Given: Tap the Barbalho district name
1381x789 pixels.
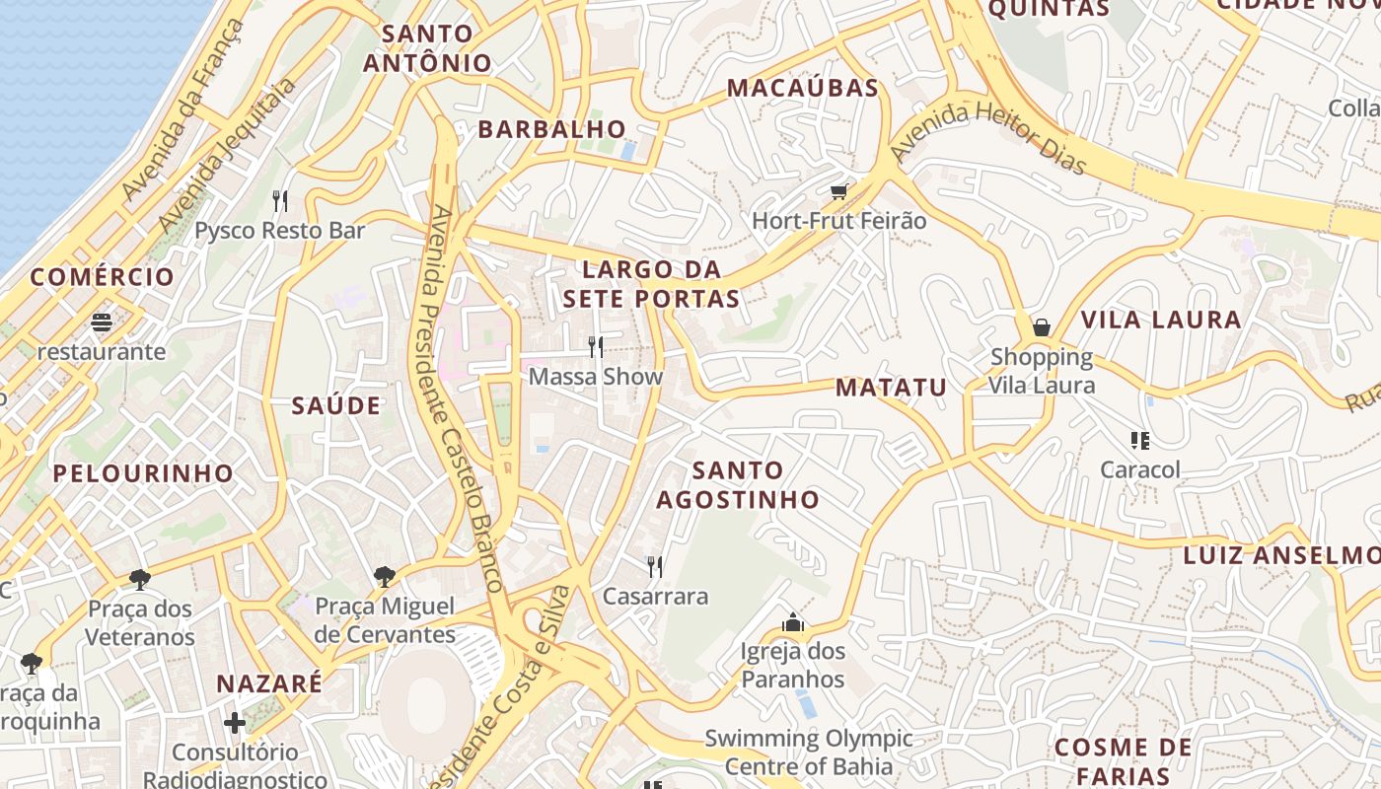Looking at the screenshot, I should point(552,129).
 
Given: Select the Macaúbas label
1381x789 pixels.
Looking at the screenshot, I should point(803,88).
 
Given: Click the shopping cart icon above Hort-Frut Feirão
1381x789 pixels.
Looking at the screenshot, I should point(838,191).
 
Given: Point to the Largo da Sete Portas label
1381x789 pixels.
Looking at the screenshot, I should point(651,284).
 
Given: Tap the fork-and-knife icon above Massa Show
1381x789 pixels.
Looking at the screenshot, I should point(596,346).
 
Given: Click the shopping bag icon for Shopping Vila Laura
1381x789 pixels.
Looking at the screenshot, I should point(1042,327).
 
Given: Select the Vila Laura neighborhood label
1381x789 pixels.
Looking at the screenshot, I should point(1161,320).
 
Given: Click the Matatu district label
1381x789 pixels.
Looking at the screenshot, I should point(891,388).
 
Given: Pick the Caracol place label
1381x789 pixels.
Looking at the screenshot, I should point(1140,469).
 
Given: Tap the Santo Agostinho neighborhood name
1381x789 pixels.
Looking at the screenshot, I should point(738,485).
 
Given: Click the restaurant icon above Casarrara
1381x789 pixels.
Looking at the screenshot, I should point(654,566).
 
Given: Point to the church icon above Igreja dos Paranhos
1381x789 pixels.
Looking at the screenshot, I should point(792,622).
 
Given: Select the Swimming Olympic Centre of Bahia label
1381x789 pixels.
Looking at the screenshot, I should point(808,753).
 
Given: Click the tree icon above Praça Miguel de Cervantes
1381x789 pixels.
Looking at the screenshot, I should point(385,576).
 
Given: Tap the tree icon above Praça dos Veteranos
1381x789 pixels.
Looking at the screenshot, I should point(139,579).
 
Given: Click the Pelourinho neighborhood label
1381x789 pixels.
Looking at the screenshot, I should point(143,473).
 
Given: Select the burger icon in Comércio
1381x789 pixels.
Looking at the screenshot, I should point(102,323).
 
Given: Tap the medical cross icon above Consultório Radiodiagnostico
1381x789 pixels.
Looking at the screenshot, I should point(235,723).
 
